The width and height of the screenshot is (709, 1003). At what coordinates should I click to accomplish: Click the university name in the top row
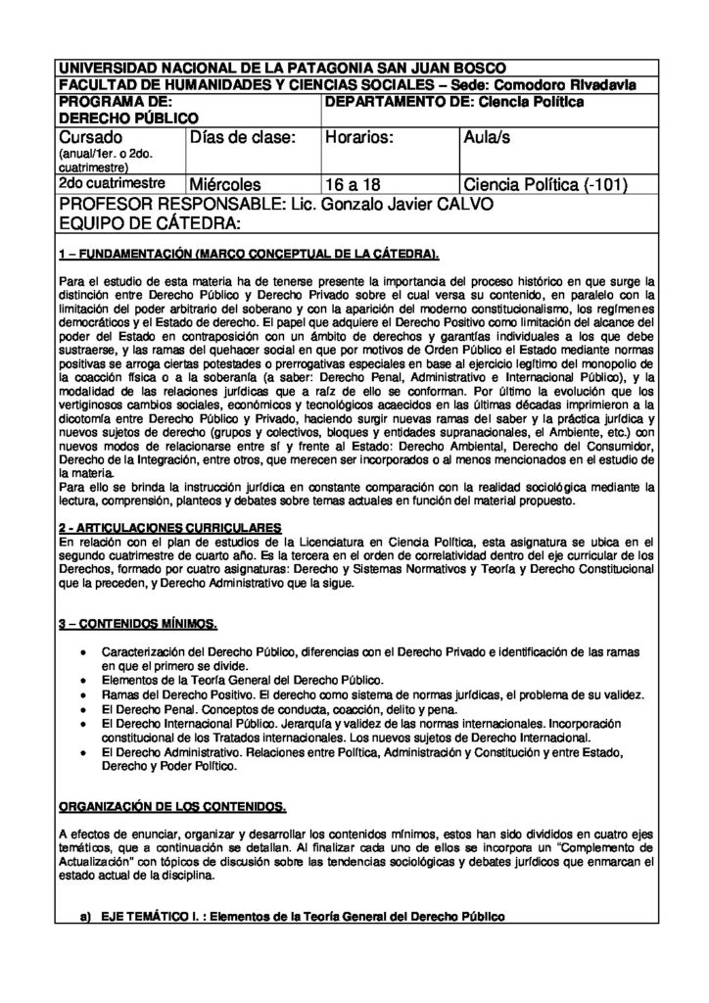[282, 69]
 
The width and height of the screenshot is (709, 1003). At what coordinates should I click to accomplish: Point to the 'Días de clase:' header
[242, 138]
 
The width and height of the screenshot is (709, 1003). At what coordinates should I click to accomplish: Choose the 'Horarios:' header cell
[359, 138]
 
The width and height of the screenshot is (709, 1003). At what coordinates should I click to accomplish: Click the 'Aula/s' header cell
[487, 138]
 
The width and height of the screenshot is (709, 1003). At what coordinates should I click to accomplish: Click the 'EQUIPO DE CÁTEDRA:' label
[149, 224]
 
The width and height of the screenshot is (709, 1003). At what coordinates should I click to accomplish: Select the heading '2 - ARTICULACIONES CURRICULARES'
[163, 525]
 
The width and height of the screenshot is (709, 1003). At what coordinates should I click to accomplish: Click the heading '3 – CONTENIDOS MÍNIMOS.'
[138, 624]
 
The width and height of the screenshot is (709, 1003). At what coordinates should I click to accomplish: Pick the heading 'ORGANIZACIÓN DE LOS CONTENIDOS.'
[172, 806]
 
